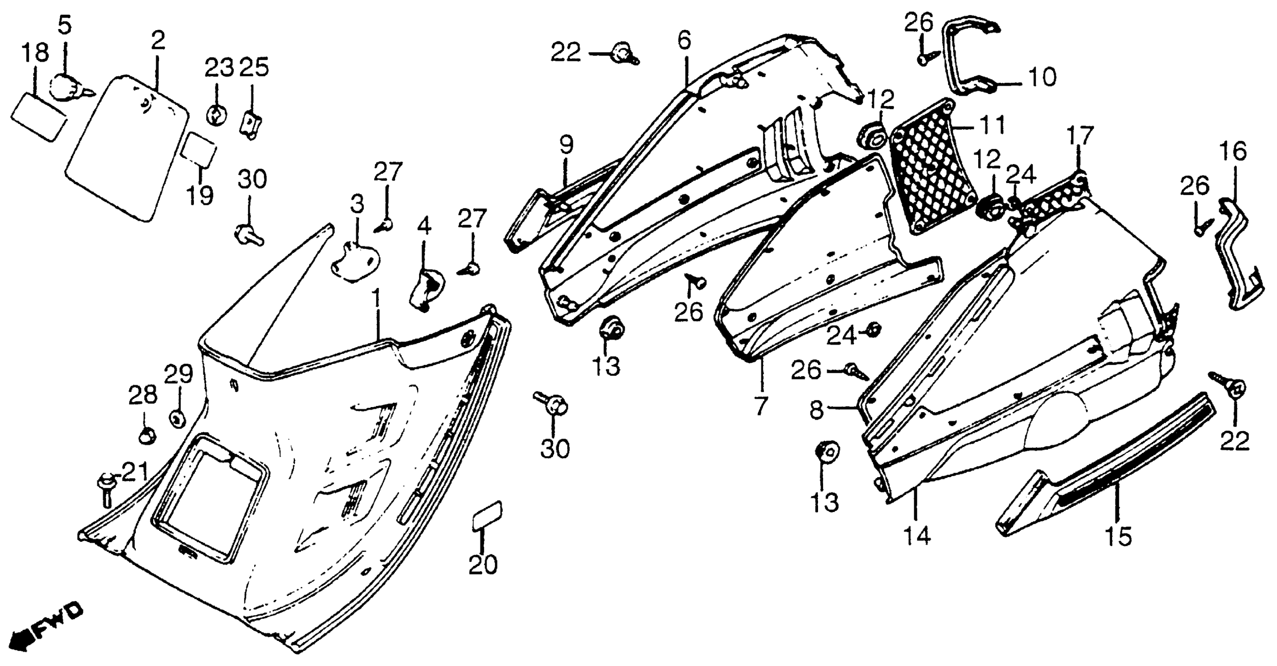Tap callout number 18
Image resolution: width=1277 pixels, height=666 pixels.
point(36,52)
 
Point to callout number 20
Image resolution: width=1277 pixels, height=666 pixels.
point(483,565)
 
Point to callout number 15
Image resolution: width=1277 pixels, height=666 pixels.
point(1118,537)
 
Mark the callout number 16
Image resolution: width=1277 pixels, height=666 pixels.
point(1234,152)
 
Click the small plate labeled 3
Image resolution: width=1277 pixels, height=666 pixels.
point(355,261)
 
